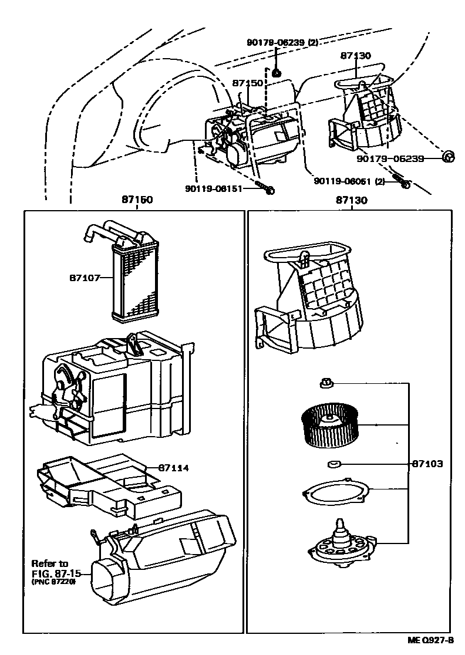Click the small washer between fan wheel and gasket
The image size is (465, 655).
(x=333, y=464)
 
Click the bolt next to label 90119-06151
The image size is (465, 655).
(x=268, y=190)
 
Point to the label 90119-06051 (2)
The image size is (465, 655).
(x=349, y=181)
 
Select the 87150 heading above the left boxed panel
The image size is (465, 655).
(x=137, y=200)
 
